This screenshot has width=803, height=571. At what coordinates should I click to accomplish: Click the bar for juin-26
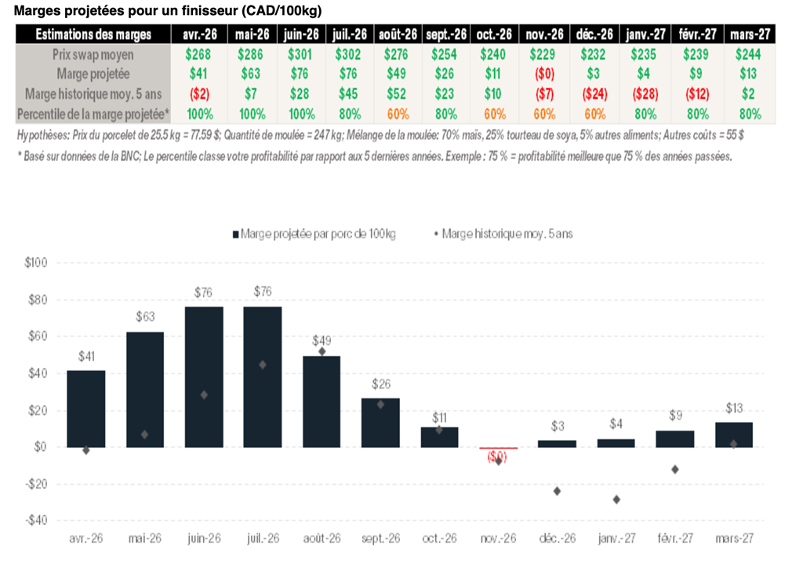click(204, 376)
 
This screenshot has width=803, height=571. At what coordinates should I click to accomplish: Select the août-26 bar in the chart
click(322, 401)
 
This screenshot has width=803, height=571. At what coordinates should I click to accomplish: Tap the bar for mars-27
click(734, 435)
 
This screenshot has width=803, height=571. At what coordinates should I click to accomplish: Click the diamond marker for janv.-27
click(616, 499)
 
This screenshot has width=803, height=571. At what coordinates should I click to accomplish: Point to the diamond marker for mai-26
click(145, 435)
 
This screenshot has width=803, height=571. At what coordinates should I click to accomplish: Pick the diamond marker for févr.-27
click(675, 469)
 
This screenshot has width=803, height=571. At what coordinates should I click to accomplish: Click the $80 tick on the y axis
click(38, 300)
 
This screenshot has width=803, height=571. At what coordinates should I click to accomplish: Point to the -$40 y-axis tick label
click(37, 520)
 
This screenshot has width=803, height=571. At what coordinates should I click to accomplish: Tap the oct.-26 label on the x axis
click(439, 540)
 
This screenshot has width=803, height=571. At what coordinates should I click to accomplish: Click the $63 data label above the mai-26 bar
click(145, 318)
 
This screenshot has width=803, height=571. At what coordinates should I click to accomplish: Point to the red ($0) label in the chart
click(497, 456)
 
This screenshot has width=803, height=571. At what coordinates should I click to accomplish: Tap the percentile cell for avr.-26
click(199, 114)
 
